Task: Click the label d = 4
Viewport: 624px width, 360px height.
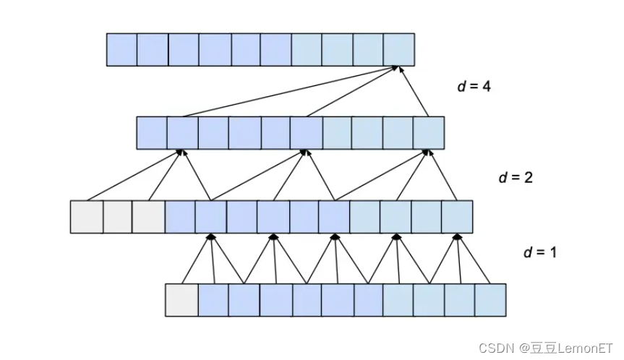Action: (x=474, y=86)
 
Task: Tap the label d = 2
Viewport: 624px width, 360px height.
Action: (x=516, y=177)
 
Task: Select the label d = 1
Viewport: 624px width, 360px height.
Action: (x=540, y=252)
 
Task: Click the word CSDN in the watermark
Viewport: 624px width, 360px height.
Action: (x=494, y=348)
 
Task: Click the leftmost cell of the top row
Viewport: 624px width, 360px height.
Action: (x=121, y=50)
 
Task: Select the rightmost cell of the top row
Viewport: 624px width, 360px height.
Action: (x=398, y=50)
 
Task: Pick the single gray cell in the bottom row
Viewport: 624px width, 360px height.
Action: (x=181, y=300)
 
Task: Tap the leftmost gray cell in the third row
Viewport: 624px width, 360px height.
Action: (x=86, y=217)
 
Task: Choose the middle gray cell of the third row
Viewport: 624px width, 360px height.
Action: (x=118, y=217)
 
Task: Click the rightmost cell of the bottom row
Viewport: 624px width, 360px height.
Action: (x=490, y=300)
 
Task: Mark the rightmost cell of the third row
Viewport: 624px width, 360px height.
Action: (x=458, y=217)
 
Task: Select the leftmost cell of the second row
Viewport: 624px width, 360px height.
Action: (x=152, y=133)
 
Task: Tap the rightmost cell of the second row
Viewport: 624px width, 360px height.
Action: (x=428, y=133)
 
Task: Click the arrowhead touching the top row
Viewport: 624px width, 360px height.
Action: (x=396, y=69)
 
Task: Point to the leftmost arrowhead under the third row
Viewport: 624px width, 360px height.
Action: (x=211, y=236)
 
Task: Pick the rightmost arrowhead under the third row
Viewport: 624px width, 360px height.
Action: (x=457, y=236)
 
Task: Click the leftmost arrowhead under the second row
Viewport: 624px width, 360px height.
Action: (x=180, y=153)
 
